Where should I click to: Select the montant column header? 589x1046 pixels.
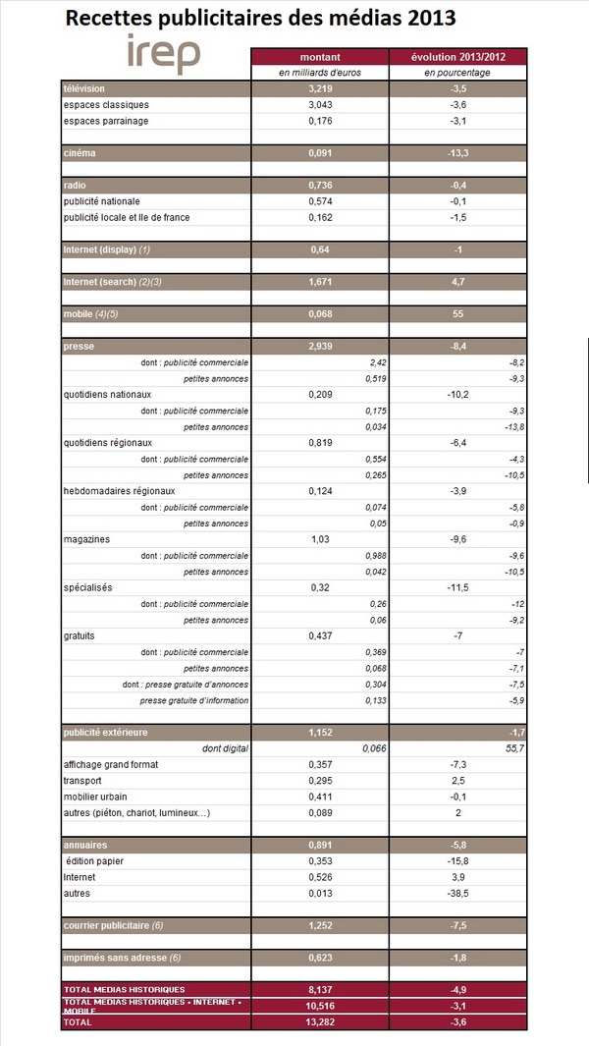tap(319, 57)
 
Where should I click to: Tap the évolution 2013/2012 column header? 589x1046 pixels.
tap(457, 57)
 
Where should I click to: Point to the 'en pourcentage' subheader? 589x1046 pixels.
tap(457, 73)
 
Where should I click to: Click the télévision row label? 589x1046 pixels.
tap(84, 88)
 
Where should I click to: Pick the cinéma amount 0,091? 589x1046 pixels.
tap(319, 153)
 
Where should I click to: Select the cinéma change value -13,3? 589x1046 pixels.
tap(457, 153)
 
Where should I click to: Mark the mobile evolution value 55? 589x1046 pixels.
tap(457, 314)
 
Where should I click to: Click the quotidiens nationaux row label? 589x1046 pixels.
tap(107, 395)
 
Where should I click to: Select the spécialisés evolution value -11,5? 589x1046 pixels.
tap(457, 587)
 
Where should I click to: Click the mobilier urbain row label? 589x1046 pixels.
tap(94, 797)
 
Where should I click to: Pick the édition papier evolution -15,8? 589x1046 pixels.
tap(457, 861)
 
